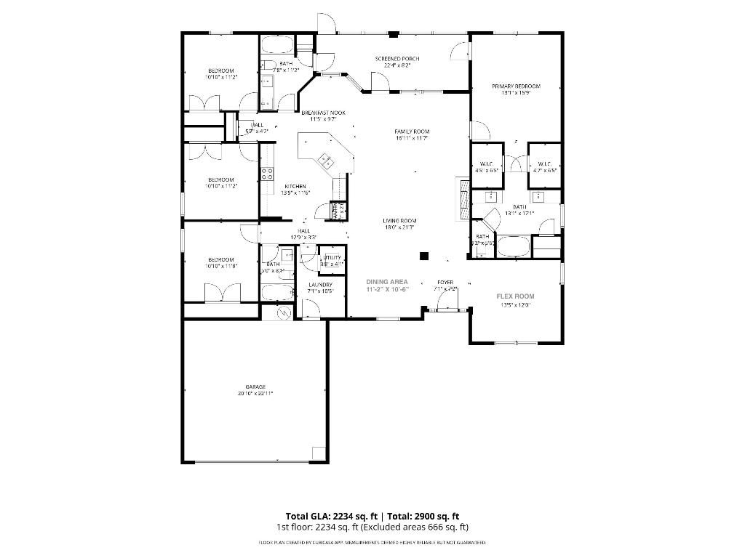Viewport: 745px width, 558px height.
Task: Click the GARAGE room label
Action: pyautogui.click(x=255, y=387)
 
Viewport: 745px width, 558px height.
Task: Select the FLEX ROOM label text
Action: pyautogui.click(x=515, y=296)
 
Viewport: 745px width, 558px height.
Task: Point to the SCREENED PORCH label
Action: pyautogui.click(x=397, y=59)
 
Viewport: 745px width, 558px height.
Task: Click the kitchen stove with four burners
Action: pyautogui.click(x=267, y=173)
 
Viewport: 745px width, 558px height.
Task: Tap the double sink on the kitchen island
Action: pyautogui.click(x=324, y=162)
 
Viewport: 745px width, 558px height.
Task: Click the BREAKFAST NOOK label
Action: pyautogui.click(x=324, y=113)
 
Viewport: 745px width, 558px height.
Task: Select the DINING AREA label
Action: pyautogui.click(x=387, y=281)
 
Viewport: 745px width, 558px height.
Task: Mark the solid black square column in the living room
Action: pyautogui.click(x=423, y=256)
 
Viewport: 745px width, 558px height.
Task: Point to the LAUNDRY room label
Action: pyautogui.click(x=320, y=285)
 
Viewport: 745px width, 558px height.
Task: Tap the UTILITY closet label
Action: pyautogui.click(x=332, y=258)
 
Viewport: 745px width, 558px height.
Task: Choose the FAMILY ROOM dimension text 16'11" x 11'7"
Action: pyautogui.click(x=412, y=138)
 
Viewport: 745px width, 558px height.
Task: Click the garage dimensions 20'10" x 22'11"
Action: pyautogui.click(x=255, y=393)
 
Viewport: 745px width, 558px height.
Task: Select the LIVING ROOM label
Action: pyautogui.click(x=399, y=220)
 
